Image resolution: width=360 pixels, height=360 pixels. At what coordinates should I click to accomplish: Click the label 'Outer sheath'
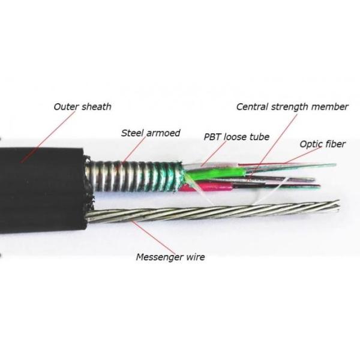pos(82,107)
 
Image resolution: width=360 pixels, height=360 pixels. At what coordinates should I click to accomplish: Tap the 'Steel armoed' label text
pos(150,133)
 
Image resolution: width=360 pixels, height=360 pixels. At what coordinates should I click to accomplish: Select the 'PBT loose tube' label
pos(236,137)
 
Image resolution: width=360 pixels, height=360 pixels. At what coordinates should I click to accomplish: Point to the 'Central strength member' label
pos(292,107)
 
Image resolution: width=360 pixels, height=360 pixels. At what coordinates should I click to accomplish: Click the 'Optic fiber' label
pos(323,144)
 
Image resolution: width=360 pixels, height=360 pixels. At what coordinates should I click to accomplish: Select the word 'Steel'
pos(132,133)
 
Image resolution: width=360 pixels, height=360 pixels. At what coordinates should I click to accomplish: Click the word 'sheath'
pos(97,107)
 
